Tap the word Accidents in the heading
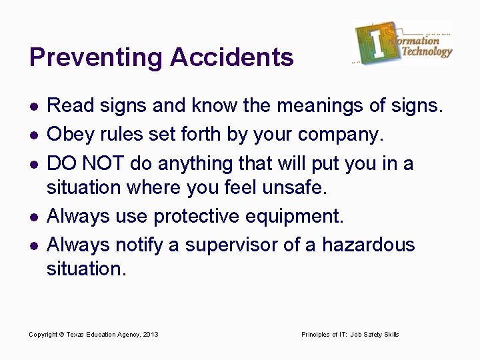[x=231, y=57]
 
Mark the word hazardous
[x=368, y=245]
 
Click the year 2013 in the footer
[x=150, y=334]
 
